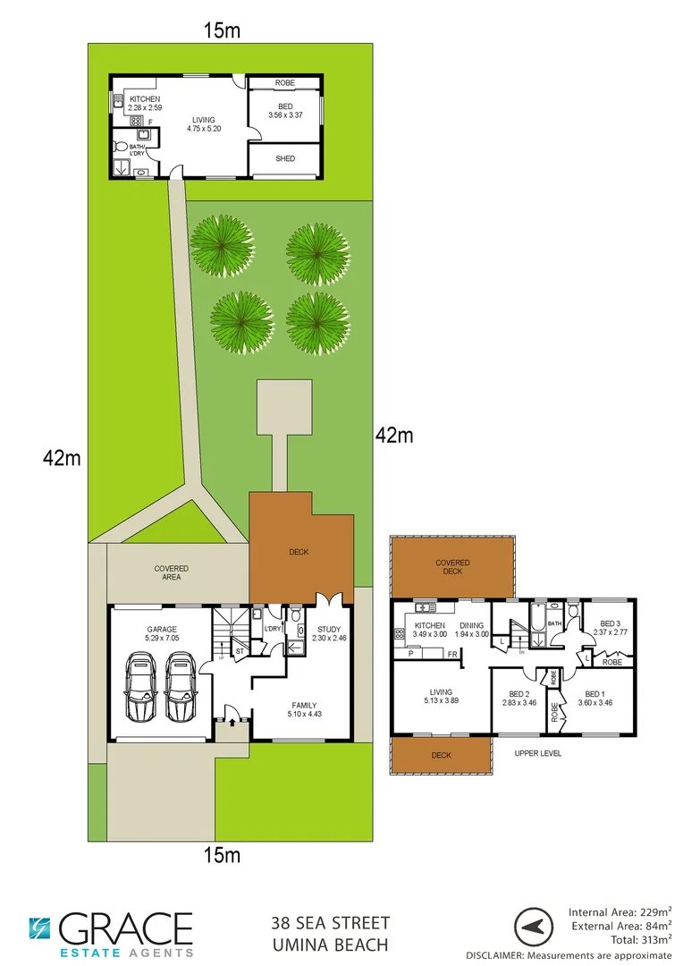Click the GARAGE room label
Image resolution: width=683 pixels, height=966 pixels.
pyautogui.click(x=162, y=629)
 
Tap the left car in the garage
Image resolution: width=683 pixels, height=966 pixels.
pyautogui.click(x=140, y=687)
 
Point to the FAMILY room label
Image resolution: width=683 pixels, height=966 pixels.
pyautogui.click(x=304, y=705)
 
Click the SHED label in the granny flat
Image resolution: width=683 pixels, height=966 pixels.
pyautogui.click(x=284, y=159)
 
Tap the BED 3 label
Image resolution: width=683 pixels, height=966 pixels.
pyautogui.click(x=610, y=623)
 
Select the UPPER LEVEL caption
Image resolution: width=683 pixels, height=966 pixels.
pyautogui.click(x=538, y=754)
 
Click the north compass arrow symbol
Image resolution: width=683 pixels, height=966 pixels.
pyautogui.click(x=534, y=927)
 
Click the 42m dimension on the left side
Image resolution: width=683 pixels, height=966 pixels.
pyautogui.click(x=62, y=459)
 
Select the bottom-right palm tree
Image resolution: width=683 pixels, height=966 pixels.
pyautogui.click(x=317, y=321)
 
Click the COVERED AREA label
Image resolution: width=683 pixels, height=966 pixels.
pyautogui.click(x=171, y=572)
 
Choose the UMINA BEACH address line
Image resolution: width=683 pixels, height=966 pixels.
pyautogui.click(x=330, y=945)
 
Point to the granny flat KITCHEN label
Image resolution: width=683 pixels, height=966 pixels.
pyautogui.click(x=144, y=98)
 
